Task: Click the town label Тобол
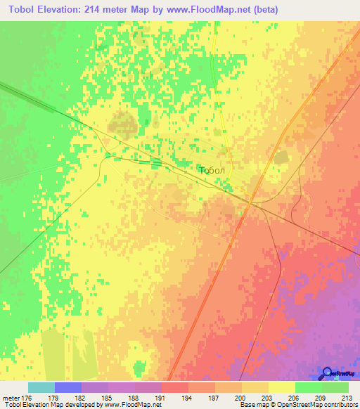tap(212, 171)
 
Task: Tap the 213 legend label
tap(347, 397)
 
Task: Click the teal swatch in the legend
tap(41, 387)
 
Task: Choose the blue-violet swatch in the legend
tap(67, 387)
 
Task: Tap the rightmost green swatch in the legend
tap(335, 387)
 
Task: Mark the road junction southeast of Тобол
tap(250, 202)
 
